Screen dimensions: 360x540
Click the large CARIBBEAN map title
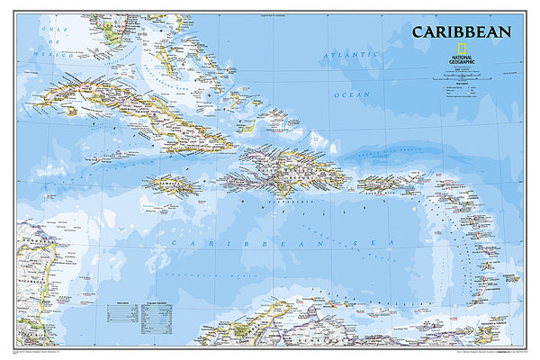[461, 32]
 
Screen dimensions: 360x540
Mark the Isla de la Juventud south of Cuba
[68, 112]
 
